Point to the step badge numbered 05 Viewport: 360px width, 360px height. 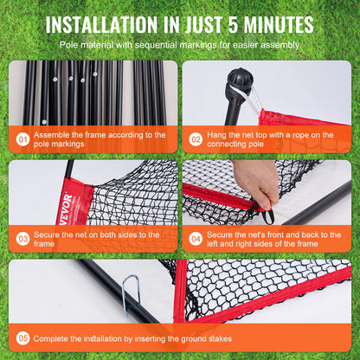[x=22, y=338]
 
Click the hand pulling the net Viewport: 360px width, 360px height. [x=257, y=181]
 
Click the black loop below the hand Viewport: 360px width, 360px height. [x=268, y=215]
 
